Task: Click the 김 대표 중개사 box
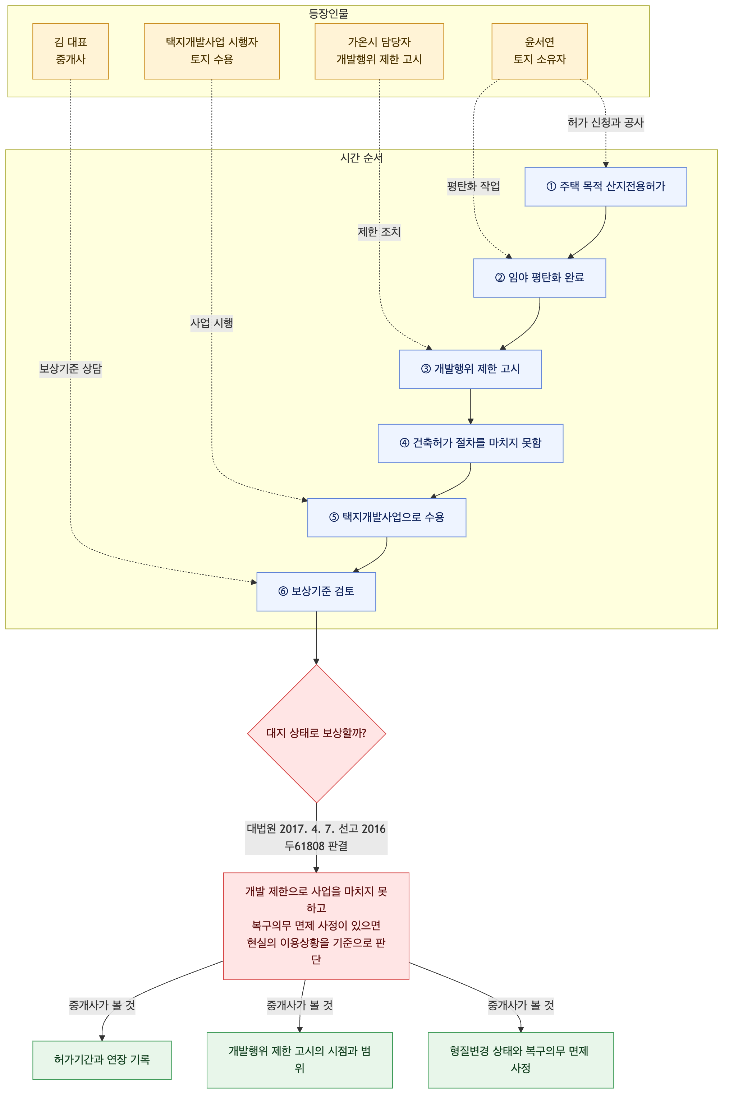(71, 51)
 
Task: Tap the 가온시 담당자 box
(379, 51)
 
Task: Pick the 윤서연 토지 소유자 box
(540, 51)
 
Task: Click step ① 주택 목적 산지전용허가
(606, 187)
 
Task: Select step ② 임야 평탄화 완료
(540, 278)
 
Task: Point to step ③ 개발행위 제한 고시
(471, 369)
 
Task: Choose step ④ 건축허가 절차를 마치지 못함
(471, 443)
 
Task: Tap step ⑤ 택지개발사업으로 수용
(387, 518)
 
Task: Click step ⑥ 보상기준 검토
(316, 592)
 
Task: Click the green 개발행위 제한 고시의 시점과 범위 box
(300, 1060)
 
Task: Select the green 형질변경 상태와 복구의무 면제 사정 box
(521, 1060)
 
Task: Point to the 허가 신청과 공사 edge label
(606, 123)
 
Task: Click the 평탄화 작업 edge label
(474, 187)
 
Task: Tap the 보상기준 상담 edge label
(71, 369)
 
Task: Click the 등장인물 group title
(329, 14)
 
